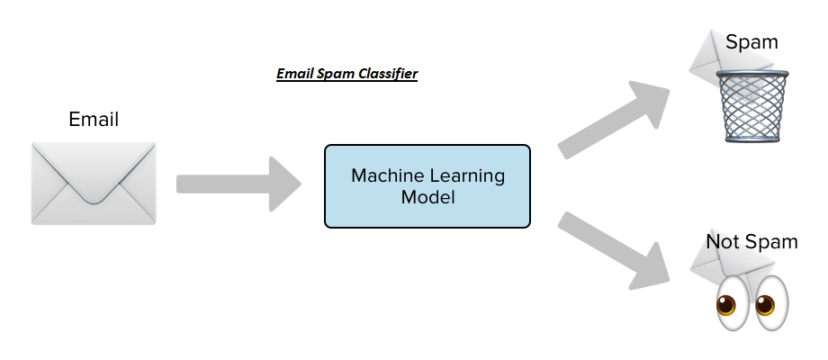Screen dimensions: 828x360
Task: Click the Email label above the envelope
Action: (x=94, y=120)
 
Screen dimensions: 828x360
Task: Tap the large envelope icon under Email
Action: (x=94, y=184)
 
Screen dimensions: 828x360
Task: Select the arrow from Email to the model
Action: (x=238, y=184)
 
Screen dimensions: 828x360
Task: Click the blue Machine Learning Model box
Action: (x=427, y=186)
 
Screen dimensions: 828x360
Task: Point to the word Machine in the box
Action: (x=388, y=175)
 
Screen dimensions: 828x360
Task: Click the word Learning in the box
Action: (x=467, y=176)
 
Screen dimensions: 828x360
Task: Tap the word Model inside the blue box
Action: (x=427, y=197)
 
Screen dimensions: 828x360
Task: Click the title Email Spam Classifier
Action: (x=346, y=74)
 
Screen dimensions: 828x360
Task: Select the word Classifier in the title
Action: (x=388, y=74)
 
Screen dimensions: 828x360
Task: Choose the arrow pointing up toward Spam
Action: (x=614, y=120)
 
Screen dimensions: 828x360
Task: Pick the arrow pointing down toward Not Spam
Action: (x=614, y=251)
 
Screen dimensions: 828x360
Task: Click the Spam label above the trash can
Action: (x=751, y=42)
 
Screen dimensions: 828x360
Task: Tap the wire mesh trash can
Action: (x=752, y=106)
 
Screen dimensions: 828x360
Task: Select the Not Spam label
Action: (x=751, y=242)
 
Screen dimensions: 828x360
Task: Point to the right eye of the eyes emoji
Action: (x=770, y=303)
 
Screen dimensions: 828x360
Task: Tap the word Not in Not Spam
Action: (x=722, y=242)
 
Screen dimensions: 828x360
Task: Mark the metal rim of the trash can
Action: (x=752, y=75)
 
